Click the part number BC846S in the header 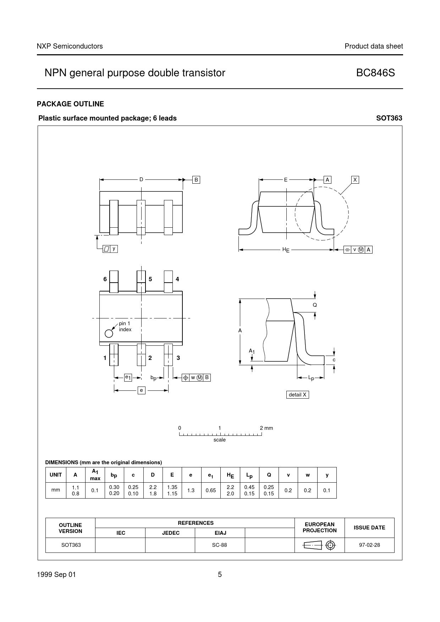pos(375,73)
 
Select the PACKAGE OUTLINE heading pos(71,104)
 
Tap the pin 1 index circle pos(109,333)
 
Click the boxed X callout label pos(355,180)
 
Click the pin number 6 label pos(105,279)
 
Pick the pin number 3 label pos(178,358)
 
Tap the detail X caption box pos(297,395)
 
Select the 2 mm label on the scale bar pos(266,428)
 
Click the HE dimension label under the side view pos(286,250)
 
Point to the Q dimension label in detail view pos(315,305)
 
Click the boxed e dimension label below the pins pos(141,390)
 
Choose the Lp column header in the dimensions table pos(249,475)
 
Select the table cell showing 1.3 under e pos(191,490)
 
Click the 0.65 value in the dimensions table pos(211,490)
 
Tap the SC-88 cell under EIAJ pos(220,545)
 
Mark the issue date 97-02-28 pos(369,545)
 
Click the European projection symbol pos(319,545)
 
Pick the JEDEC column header pos(171,533)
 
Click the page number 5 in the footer pos(220,575)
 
